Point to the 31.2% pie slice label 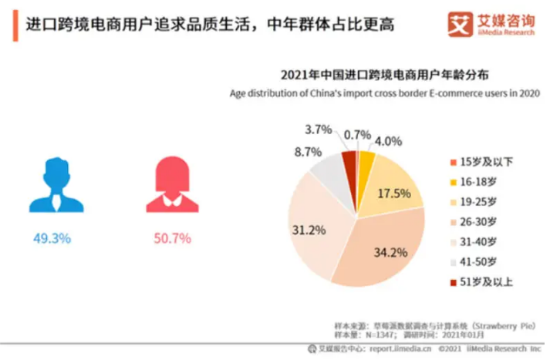[309, 229]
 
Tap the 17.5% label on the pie [393, 193]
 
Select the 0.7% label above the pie [358, 135]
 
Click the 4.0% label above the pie [388, 140]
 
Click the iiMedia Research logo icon [460, 25]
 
